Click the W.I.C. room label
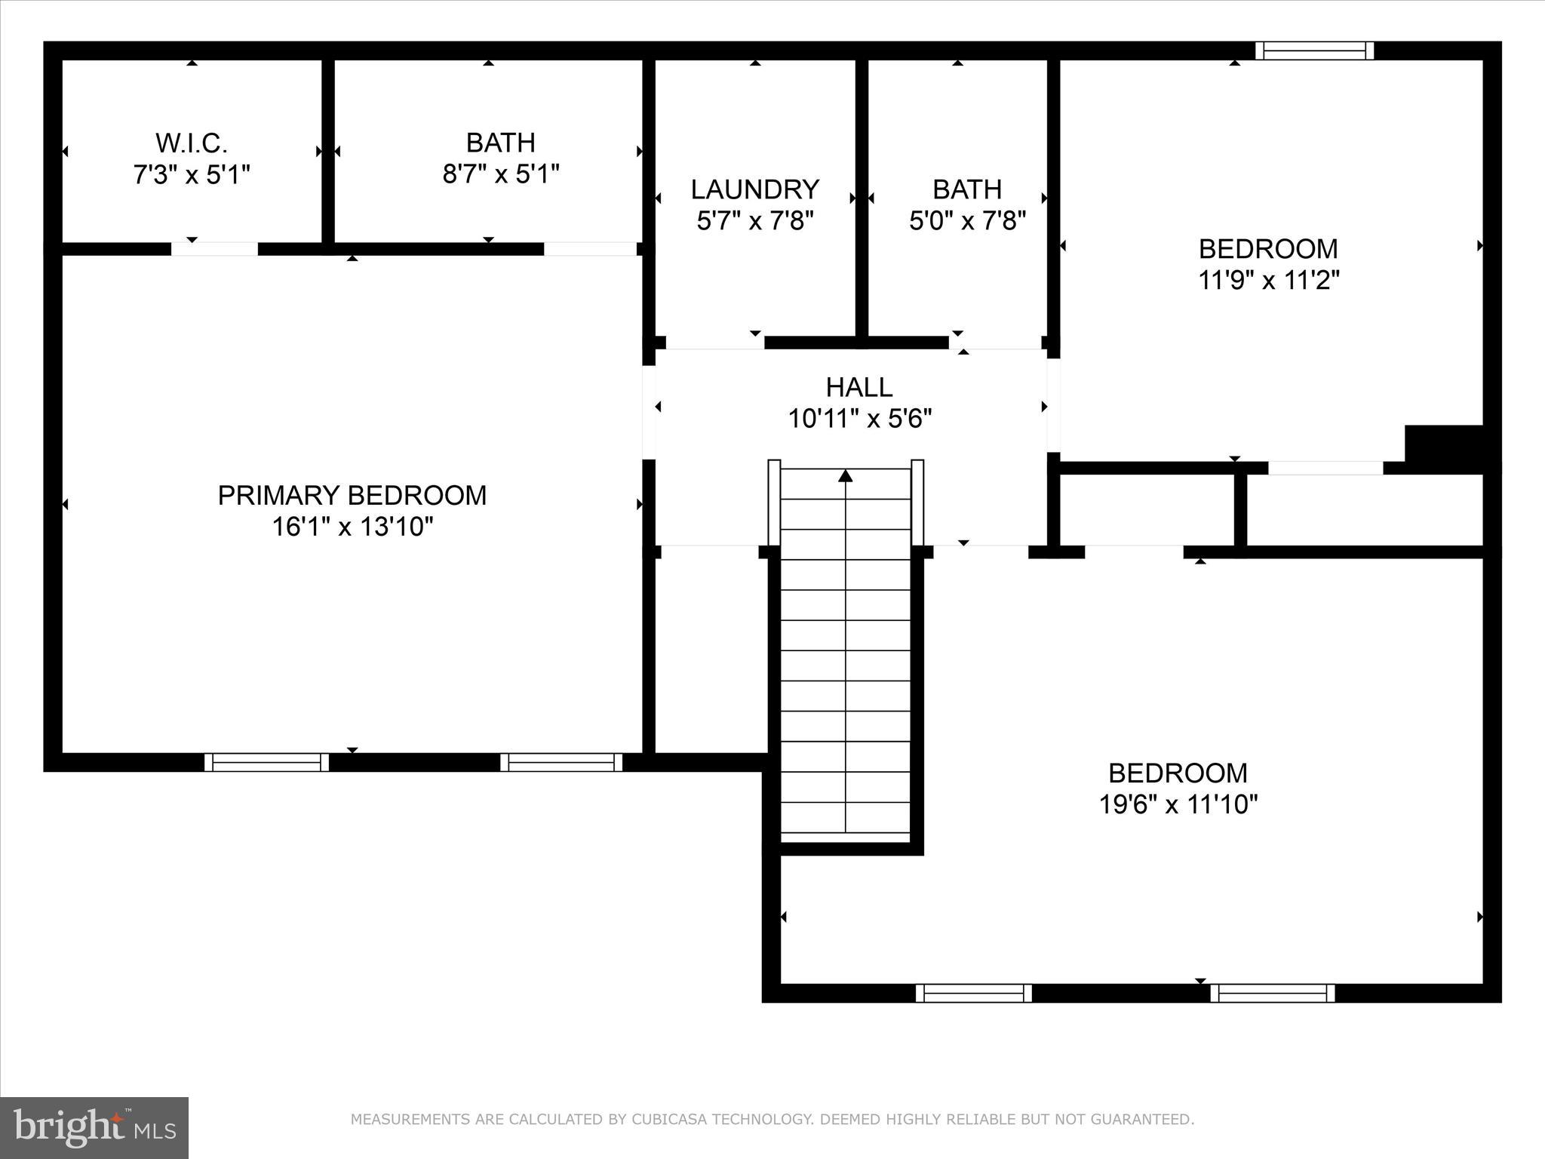click(192, 143)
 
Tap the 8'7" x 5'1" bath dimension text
click(501, 175)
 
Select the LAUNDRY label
click(755, 189)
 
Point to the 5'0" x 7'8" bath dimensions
click(967, 221)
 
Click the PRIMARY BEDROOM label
click(352, 495)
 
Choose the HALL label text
click(859, 387)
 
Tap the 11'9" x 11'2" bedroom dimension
click(1269, 281)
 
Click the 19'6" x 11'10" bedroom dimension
click(1178, 804)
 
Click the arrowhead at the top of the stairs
click(846, 475)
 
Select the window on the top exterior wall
click(1314, 51)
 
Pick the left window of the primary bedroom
click(266, 762)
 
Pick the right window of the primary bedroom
click(561, 762)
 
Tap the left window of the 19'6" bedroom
click(973, 993)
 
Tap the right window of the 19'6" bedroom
click(1272, 993)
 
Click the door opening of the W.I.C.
click(214, 249)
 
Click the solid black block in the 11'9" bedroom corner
click(1444, 449)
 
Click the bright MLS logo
click(94, 1128)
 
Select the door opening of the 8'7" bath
click(590, 249)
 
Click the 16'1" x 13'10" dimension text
click(352, 527)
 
